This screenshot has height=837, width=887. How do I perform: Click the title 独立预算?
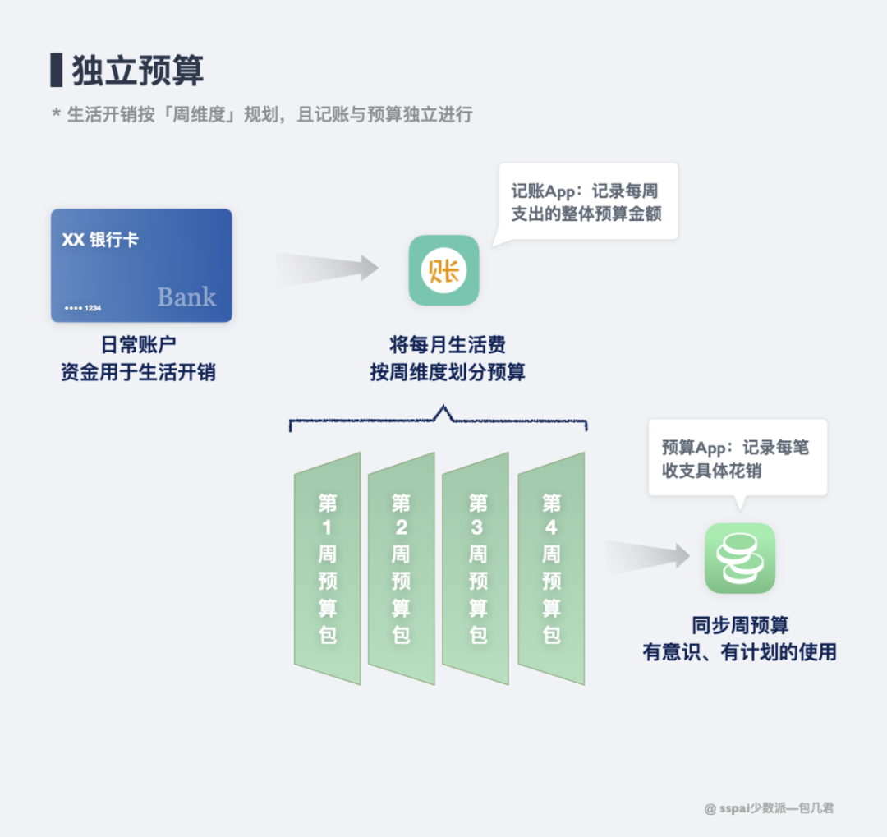(137, 71)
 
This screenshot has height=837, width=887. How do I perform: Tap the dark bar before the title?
(56, 70)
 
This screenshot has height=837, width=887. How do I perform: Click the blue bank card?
(141, 264)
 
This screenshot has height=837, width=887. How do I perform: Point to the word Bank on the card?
(186, 297)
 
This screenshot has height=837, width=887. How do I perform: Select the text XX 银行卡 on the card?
(100, 241)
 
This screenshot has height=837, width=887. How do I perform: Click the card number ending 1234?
(83, 308)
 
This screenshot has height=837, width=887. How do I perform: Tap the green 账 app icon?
(444, 270)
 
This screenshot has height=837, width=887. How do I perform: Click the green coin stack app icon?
(740, 558)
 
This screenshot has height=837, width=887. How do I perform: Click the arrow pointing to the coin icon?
(649, 556)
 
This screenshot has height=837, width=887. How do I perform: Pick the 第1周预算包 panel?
(328, 568)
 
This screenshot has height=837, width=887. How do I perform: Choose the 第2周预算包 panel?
(401, 568)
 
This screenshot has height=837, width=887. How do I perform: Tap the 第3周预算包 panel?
(477, 568)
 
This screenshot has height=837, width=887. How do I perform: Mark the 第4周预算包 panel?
(551, 568)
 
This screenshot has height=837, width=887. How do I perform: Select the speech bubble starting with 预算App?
(738, 459)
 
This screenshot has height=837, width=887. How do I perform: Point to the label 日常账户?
(138, 346)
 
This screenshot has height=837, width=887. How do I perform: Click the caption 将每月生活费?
(447, 344)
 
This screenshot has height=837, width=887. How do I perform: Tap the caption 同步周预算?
(739, 626)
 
